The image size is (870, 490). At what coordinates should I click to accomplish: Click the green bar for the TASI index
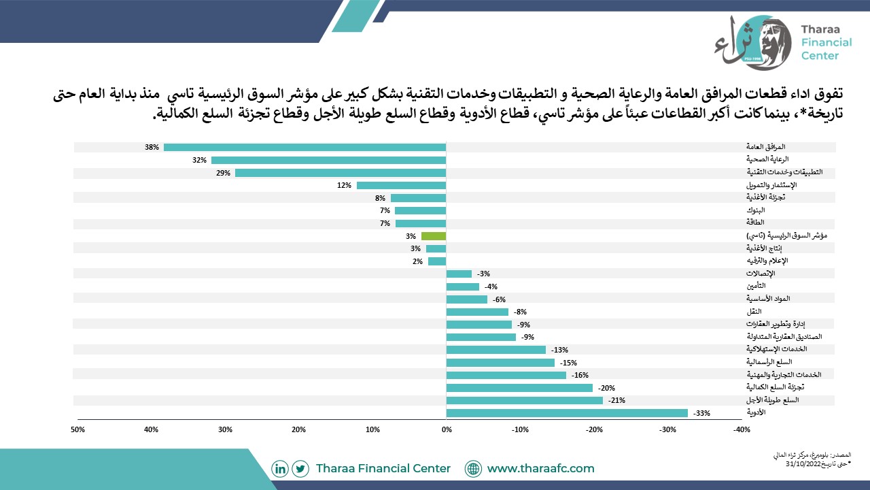coord(434,236)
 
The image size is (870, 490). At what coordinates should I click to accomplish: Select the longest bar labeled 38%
coord(305,148)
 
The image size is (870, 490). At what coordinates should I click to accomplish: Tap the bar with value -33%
coord(567,413)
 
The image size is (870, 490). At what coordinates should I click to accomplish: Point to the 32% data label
coord(199,160)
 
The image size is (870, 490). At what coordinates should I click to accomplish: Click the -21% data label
coord(616,400)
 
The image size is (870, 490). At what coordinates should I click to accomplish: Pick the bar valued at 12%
coord(401,186)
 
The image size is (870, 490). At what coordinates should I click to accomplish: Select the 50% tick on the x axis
coord(77,429)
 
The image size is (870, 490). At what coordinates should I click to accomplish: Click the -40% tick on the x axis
coord(742,429)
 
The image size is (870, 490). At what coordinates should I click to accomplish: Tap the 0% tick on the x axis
coord(447,429)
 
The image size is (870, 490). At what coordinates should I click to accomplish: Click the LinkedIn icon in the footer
coord(279,469)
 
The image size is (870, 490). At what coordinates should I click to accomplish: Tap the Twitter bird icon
coord(300,469)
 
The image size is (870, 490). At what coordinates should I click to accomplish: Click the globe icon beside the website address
coord(473,469)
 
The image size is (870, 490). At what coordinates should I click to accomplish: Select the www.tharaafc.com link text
coord(540,468)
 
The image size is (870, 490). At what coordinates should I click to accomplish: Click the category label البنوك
coord(755,210)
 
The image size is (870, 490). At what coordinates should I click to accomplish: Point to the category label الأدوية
coord(756,412)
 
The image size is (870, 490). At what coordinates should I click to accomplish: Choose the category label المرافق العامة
coord(765,146)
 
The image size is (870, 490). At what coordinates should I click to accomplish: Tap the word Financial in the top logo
coord(826,42)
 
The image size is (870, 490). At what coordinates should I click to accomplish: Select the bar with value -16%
coord(506,375)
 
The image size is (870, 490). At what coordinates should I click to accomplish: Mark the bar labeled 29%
coord(341,173)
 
